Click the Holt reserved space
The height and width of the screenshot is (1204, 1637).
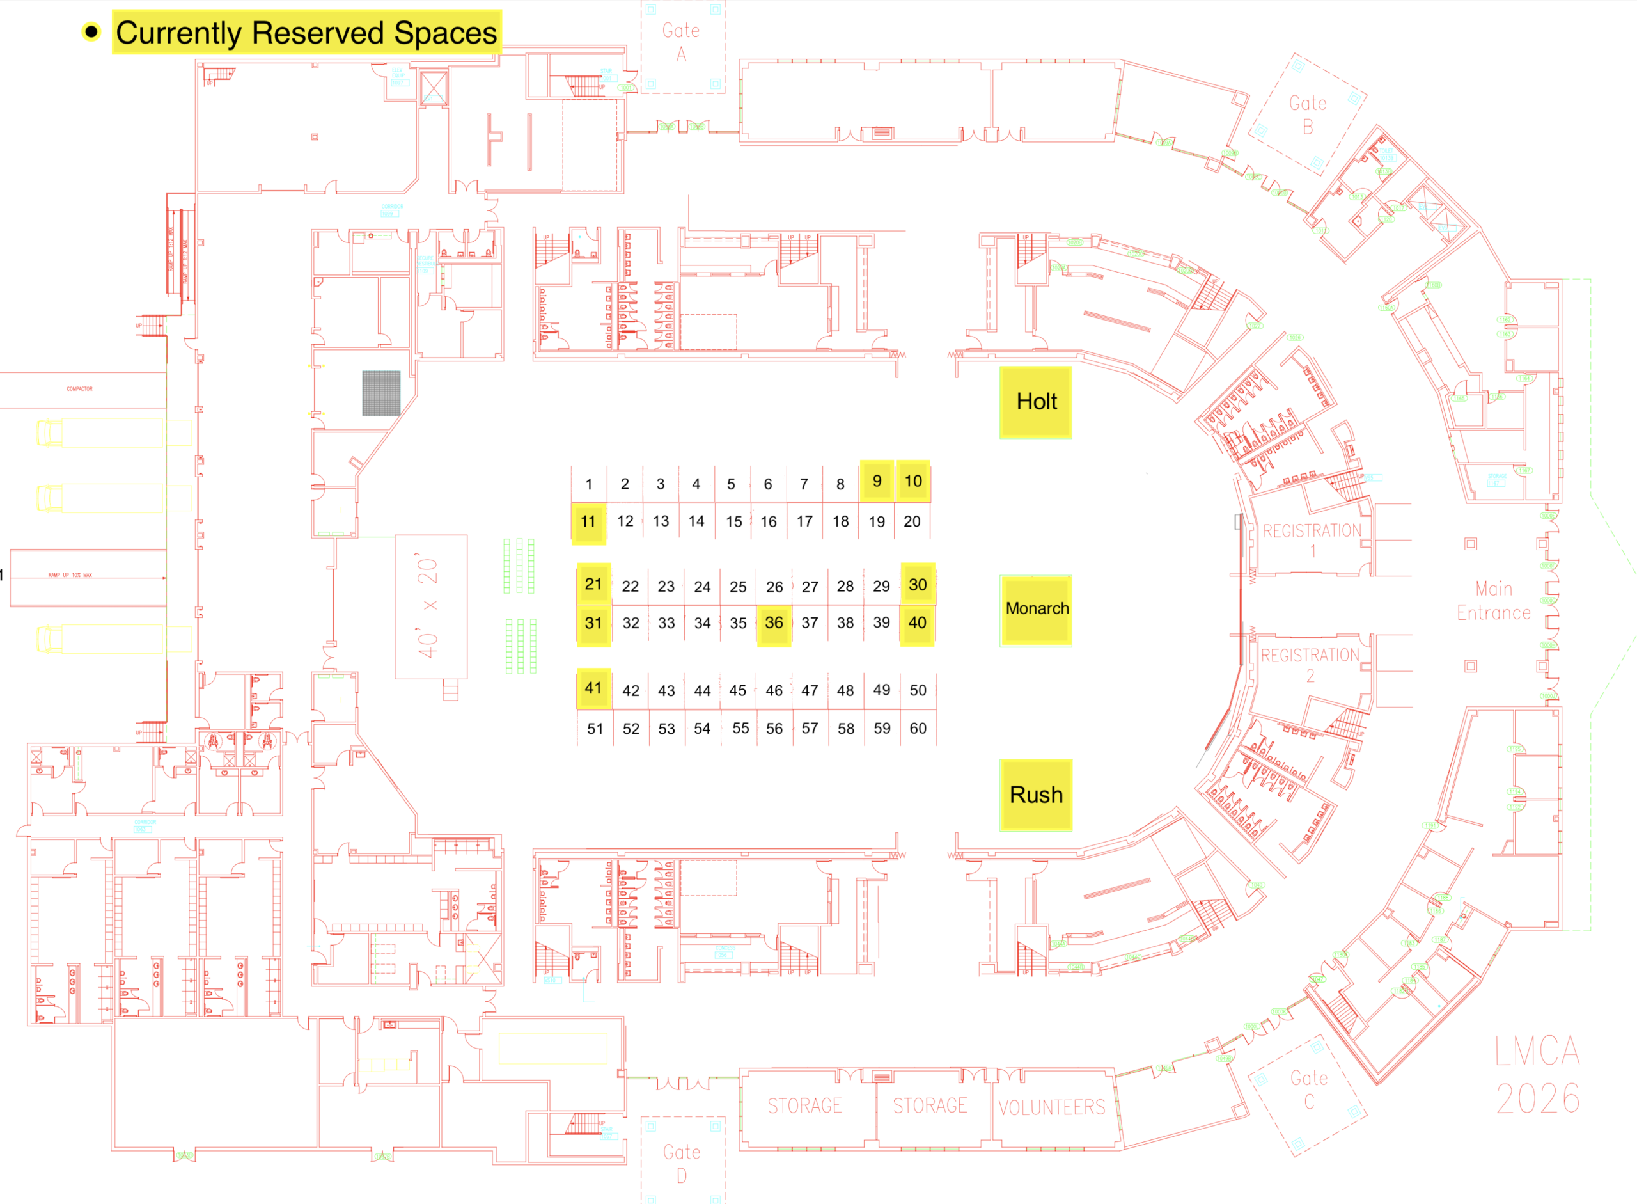click(1035, 402)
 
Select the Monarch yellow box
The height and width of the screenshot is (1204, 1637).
click(1036, 609)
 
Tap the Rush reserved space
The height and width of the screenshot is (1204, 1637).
click(1035, 795)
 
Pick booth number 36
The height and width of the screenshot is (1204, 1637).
click(774, 623)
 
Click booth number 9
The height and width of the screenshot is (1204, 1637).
click(877, 481)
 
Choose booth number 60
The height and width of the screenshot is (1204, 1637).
click(918, 728)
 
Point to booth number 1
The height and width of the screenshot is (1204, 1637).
click(589, 484)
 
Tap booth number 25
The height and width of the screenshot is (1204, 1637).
click(738, 587)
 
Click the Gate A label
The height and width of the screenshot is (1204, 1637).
click(681, 42)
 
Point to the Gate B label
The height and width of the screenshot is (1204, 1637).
click(1308, 115)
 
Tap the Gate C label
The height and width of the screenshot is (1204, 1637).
click(1309, 1089)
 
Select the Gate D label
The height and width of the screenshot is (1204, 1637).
click(682, 1163)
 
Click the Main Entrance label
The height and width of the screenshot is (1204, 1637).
click(1494, 601)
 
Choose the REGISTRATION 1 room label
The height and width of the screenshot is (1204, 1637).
click(1312, 540)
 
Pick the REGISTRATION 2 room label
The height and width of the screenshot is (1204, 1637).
click(1310, 665)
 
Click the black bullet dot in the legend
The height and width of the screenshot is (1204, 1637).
click(91, 32)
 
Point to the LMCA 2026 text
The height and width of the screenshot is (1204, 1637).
click(1537, 1074)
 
